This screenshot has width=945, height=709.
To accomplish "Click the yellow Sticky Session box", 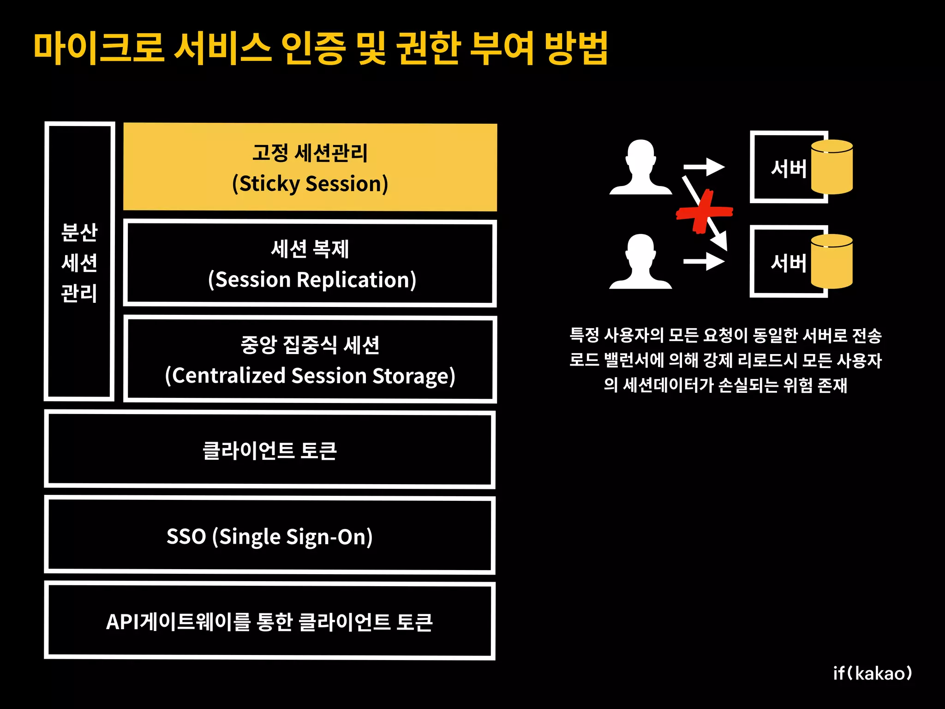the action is tap(310, 167).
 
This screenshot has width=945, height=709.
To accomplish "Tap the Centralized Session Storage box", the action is tap(310, 360).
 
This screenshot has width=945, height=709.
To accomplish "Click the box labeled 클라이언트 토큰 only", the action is tap(270, 450).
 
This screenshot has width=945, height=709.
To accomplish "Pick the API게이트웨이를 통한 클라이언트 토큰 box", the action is tap(270, 621).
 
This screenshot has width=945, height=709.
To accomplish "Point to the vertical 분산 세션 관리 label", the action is tap(79, 262).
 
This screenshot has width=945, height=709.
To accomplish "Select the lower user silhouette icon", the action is tap(640, 262).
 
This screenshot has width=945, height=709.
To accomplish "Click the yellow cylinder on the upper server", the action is tap(831, 167).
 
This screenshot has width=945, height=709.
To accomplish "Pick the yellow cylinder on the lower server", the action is tap(831, 262).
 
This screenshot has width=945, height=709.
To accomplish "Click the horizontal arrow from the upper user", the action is tap(704, 167).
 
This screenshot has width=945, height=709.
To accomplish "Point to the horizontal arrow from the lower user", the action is tap(704, 262).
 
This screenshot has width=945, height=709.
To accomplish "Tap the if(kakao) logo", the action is tap(872, 673).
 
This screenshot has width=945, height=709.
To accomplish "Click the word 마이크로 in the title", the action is tap(99, 48).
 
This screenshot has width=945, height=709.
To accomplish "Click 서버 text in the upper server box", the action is tap(788, 169).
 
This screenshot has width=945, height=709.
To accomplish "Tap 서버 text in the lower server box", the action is tap(788, 263).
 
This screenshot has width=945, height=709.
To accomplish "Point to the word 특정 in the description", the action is tap(584, 335).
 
